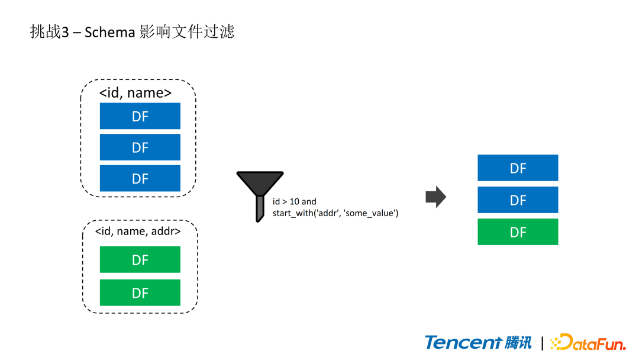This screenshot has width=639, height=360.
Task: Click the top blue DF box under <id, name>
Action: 140,116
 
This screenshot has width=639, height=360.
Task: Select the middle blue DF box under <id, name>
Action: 140,147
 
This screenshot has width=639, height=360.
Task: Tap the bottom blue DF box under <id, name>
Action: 140,178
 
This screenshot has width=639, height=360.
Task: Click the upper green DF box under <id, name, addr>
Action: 140,259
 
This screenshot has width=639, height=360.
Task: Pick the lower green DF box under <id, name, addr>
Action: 140,292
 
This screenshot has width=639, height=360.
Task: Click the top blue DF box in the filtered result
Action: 518,168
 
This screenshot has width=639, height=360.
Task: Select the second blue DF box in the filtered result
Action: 518,200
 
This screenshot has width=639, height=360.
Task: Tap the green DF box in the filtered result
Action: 518,232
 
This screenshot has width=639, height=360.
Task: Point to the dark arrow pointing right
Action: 435,197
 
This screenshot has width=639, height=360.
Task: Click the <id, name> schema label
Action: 135,93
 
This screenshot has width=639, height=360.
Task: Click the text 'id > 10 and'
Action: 294,202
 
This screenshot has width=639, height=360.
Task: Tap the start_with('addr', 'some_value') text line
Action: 335,213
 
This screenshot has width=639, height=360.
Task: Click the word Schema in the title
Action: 109,32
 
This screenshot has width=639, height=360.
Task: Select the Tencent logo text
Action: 463,342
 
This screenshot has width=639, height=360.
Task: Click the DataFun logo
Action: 588,342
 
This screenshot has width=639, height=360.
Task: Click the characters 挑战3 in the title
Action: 46,32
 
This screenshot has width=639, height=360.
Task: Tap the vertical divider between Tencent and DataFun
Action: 542,342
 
